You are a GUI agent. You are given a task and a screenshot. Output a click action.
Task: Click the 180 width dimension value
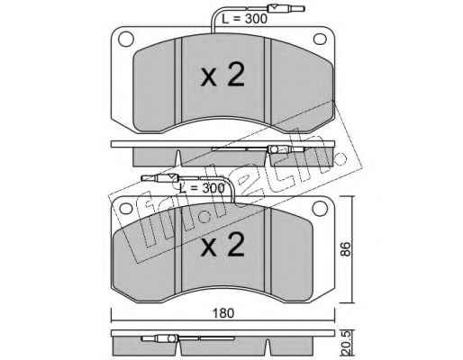click(223, 313)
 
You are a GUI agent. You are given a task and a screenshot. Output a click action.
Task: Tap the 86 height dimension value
click(346, 248)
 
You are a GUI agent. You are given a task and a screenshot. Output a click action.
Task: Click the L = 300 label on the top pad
click(244, 19)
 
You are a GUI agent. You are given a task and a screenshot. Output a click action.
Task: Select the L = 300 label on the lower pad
click(202, 188)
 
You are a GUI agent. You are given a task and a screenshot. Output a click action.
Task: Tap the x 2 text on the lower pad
click(222, 245)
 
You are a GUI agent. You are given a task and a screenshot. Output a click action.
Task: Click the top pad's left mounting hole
click(126, 39)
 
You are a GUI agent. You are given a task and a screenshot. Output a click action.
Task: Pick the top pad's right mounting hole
click(320, 39)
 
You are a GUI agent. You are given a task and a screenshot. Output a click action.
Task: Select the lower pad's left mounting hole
click(126, 208)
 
